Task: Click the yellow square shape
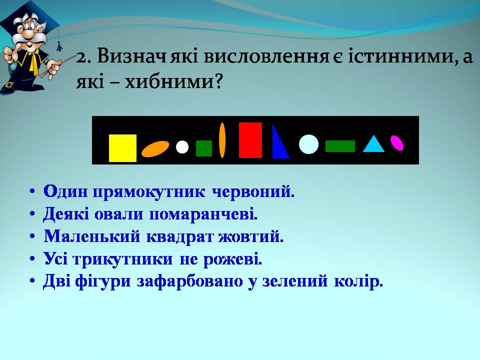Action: pyautogui.click(x=123, y=148)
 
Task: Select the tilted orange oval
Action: pyautogui.click(x=155, y=149)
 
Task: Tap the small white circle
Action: pyautogui.click(x=182, y=147)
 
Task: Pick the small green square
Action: pyautogui.click(x=204, y=148)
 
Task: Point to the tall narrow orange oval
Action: pyautogui.click(x=222, y=140)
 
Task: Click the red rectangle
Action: pyautogui.click(x=250, y=140)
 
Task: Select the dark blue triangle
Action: pyautogui.click(x=279, y=141)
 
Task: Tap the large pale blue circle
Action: pyautogui.click(x=308, y=144)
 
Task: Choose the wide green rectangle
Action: pyautogui.click(x=340, y=146)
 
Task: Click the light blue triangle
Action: pyautogui.click(x=374, y=144)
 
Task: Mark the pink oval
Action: pyautogui.click(x=397, y=143)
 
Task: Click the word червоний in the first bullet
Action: pyautogui.click(x=253, y=192)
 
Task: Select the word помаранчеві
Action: pyautogui.click(x=203, y=214)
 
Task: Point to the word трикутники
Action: pyautogui.click(x=123, y=259)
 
